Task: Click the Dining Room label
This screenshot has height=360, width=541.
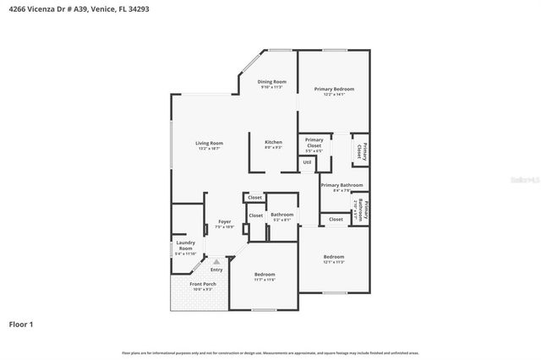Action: (x=272, y=83)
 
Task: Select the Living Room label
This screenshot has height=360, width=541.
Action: (x=209, y=145)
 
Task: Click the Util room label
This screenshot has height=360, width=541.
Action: (x=307, y=161)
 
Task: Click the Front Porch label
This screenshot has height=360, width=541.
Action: (x=203, y=285)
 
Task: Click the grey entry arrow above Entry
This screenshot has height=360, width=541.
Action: (x=216, y=262)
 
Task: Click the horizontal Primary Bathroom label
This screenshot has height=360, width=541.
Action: (x=342, y=186)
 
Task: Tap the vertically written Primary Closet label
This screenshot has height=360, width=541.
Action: (x=361, y=150)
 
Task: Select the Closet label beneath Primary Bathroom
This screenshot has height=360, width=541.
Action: (x=336, y=219)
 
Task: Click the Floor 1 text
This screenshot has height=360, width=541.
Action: (x=21, y=324)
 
